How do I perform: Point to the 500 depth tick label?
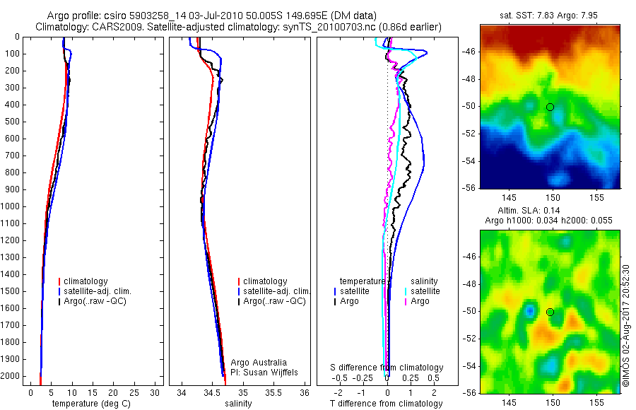pyautogui.click(x=13, y=122)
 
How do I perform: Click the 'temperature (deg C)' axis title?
pyautogui.click(x=88, y=404)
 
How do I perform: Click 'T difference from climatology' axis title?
pyautogui.click(x=386, y=404)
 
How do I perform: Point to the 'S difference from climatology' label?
pyautogui.click(x=387, y=368)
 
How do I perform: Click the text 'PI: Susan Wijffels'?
pyautogui.click(x=265, y=372)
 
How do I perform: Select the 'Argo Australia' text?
pyautogui.click(x=259, y=363)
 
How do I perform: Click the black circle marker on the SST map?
pyautogui.click(x=550, y=107)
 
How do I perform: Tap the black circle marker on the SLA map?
pyautogui.click(x=550, y=312)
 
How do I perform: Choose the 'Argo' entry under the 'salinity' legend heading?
pyautogui.click(x=420, y=301)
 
